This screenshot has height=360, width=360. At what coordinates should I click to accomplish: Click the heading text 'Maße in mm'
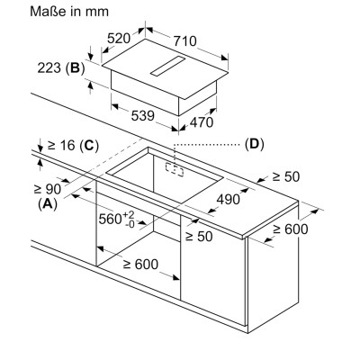69,12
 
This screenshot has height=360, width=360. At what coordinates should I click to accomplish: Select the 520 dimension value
119,38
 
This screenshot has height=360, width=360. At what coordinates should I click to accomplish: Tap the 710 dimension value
184,40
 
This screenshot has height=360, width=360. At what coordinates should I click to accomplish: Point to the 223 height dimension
49,67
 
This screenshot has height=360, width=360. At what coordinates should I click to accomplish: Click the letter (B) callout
75,68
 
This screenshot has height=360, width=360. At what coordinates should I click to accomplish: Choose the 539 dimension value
142,115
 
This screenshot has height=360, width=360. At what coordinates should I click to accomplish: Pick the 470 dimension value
202,122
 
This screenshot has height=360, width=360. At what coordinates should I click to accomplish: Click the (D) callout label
255,144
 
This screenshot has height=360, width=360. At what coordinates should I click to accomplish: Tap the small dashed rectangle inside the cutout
175,169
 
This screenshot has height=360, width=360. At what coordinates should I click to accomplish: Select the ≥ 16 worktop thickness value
61,145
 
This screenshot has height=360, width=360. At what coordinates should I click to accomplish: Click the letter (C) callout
88,146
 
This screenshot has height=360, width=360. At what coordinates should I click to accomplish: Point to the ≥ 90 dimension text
48,189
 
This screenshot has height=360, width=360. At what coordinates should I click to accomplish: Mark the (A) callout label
48,203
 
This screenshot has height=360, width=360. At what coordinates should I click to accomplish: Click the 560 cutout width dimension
117,219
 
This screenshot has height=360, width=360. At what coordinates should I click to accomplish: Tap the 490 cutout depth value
229,199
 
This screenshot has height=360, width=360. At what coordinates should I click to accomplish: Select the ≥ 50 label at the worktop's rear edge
285,176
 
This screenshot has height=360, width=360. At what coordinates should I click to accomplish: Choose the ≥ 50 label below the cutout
199,236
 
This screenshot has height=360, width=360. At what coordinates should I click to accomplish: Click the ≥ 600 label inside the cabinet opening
140,265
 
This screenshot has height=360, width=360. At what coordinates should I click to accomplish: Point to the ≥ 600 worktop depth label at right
291,229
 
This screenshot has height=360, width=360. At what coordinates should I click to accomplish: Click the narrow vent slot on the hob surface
167,66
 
